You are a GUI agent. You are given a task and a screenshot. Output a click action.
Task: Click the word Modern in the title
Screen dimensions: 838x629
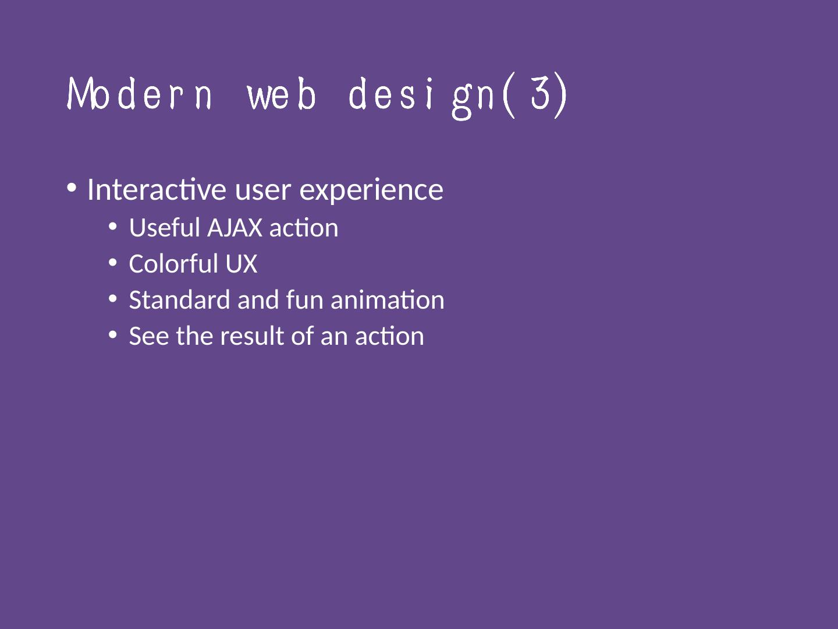pyautogui.click(x=139, y=94)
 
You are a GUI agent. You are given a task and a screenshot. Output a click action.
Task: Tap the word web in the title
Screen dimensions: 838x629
pyautogui.click(x=282, y=94)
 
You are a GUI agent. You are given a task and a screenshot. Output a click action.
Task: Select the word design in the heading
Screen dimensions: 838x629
pyautogui.click(x=422, y=97)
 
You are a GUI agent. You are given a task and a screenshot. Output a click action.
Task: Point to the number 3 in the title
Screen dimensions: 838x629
pyautogui.click(x=540, y=93)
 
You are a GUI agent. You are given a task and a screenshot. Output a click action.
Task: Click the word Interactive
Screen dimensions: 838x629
pyautogui.click(x=157, y=189)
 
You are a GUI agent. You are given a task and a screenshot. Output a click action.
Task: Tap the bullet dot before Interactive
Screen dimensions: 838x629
pyautogui.click(x=72, y=188)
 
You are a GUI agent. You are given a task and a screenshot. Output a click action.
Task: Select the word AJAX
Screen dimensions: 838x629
pyautogui.click(x=235, y=228)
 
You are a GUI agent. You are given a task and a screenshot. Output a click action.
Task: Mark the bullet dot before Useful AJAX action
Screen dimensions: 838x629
pyautogui.click(x=113, y=227)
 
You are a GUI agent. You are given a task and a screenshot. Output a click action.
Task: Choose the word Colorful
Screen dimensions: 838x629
pyautogui.click(x=173, y=263)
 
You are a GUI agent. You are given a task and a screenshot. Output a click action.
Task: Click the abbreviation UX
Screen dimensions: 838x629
pyautogui.click(x=242, y=263)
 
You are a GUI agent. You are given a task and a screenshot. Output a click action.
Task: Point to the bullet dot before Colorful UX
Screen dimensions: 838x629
pyautogui.click(x=113, y=262)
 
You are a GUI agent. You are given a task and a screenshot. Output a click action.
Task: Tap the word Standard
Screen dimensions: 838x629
pyautogui.click(x=179, y=299)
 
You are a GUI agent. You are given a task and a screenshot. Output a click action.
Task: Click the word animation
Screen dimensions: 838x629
pyautogui.click(x=388, y=299)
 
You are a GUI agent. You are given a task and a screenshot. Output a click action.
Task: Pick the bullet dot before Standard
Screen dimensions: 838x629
pyautogui.click(x=113, y=298)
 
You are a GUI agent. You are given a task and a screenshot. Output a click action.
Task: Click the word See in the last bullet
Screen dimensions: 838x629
pyautogui.click(x=149, y=336)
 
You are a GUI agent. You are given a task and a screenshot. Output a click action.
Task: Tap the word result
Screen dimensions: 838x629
pyautogui.click(x=252, y=335)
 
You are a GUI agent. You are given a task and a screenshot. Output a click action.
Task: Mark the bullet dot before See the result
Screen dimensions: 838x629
pyautogui.click(x=113, y=334)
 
